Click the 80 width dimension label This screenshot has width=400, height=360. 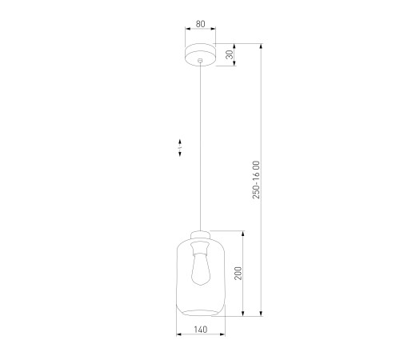pyautogui.click(x=201, y=24)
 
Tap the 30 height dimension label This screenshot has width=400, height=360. pyautogui.click(x=230, y=54)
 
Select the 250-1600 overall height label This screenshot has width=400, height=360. pyautogui.click(x=256, y=180)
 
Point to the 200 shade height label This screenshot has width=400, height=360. pyautogui.click(x=238, y=273)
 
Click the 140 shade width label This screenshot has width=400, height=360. pyautogui.click(x=201, y=330)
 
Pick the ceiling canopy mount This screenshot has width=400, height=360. pyautogui.click(x=200, y=54)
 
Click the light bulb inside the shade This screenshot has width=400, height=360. pyautogui.click(x=201, y=269)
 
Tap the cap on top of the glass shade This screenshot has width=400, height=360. pyautogui.click(x=201, y=235)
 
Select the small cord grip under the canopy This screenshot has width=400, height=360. pyautogui.click(x=200, y=61)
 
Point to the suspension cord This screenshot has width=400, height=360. pyautogui.click(x=200, y=146)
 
